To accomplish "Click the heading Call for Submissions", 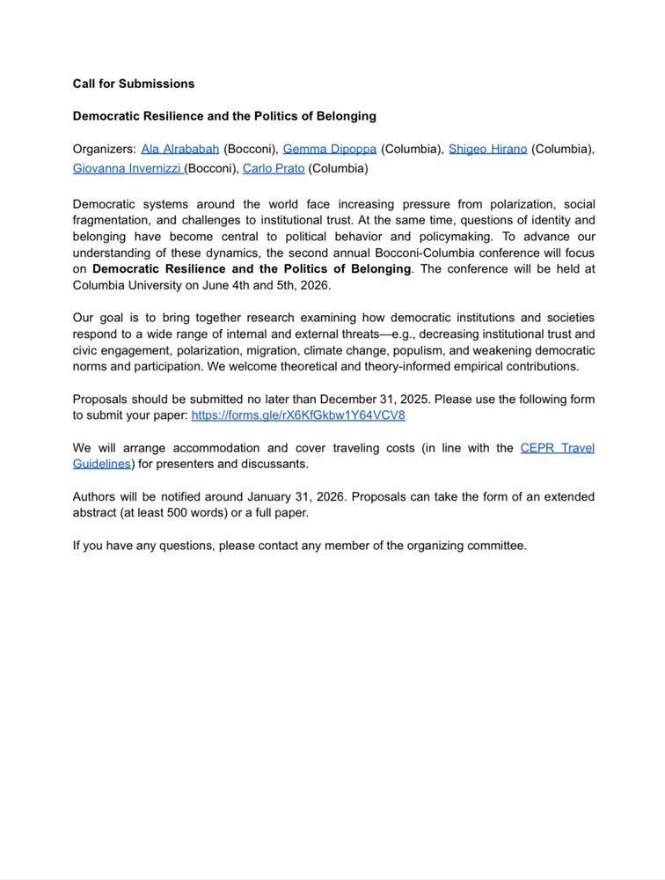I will coord(134,84).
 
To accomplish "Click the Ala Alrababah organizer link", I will coord(180,149).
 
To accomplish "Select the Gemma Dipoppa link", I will coord(330,149).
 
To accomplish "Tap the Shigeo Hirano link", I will coord(487,149).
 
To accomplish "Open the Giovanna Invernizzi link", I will coord(127,168).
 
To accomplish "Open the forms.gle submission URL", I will coord(298,415).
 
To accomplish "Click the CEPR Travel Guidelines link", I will coord(557,448).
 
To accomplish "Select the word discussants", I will coord(277,464).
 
